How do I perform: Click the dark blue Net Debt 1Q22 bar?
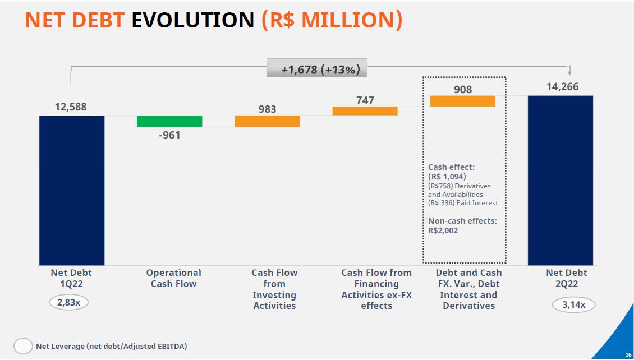click(x=72, y=190)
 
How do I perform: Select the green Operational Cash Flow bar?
click(x=169, y=121)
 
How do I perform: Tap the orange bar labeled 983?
click(x=267, y=121)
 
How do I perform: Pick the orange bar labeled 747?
click(x=365, y=111)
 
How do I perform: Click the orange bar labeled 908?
click(x=462, y=101)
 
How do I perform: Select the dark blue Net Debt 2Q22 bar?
click(x=560, y=179)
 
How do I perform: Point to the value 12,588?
click(x=71, y=107)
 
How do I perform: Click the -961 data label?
click(x=169, y=135)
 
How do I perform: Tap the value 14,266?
click(x=562, y=87)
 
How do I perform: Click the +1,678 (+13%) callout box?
click(x=316, y=70)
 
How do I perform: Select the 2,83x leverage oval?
click(x=69, y=303)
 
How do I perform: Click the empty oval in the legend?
click(x=23, y=347)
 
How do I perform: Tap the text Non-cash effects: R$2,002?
click(x=462, y=225)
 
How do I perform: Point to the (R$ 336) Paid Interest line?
click(x=463, y=203)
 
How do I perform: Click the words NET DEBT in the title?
click(x=75, y=20)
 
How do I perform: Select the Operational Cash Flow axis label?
click(x=173, y=278)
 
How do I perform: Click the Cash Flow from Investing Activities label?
click(x=274, y=289)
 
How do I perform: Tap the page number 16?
click(x=628, y=355)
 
